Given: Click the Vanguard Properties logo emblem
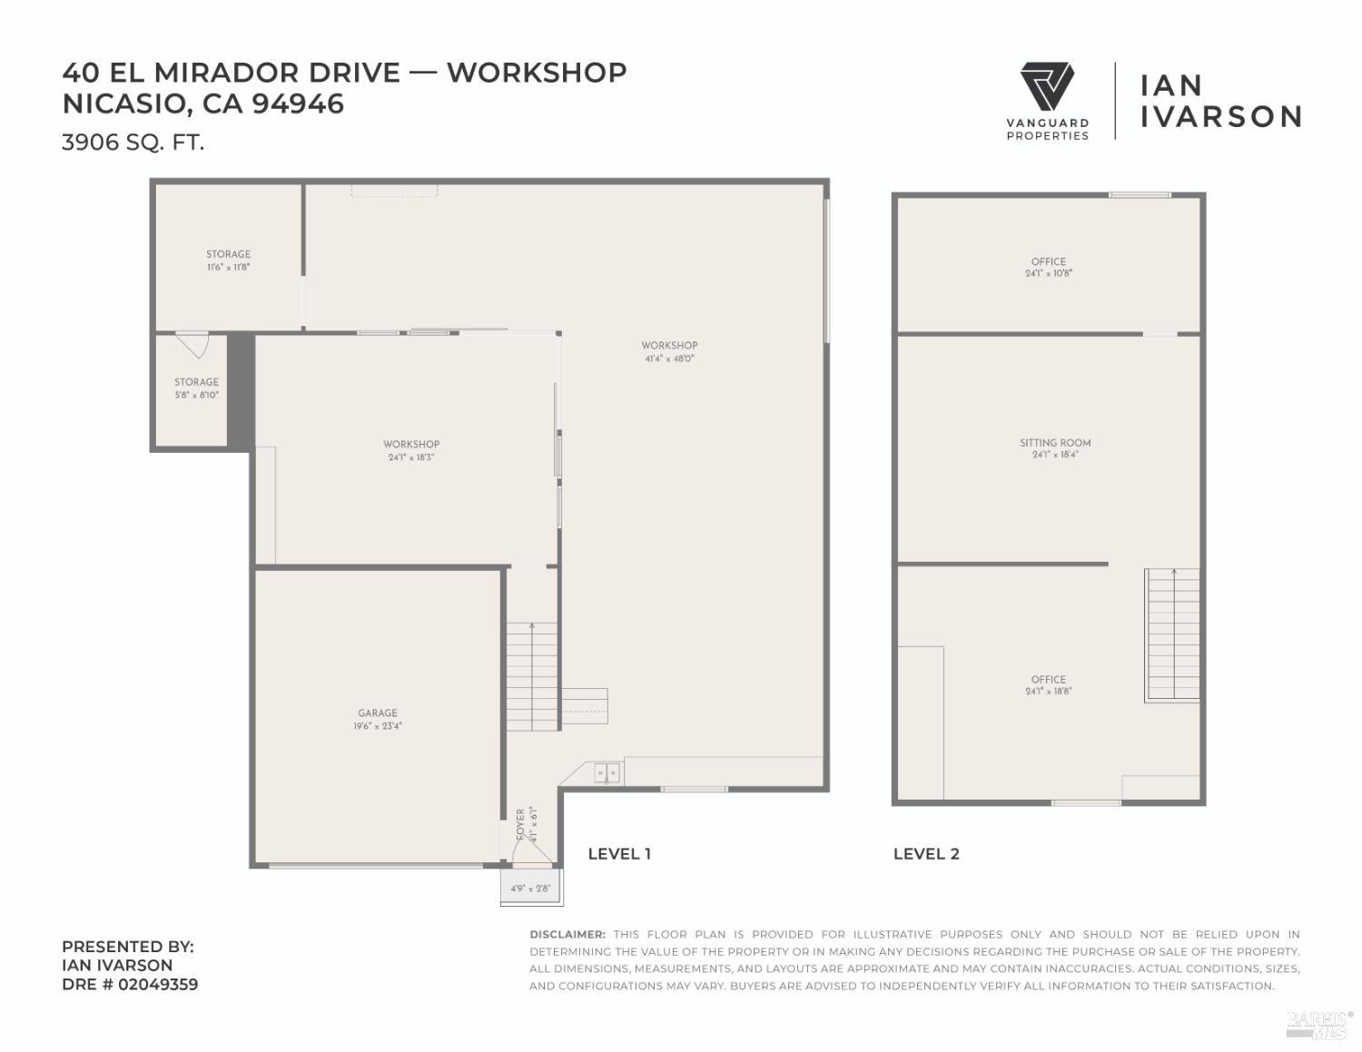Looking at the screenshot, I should coord(1047,87).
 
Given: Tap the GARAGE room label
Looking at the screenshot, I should coord(377,713).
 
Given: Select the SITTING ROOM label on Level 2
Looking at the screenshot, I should coord(1055,443).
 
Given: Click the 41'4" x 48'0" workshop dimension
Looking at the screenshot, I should coord(669,359).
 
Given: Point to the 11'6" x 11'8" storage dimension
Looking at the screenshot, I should coord(228,268).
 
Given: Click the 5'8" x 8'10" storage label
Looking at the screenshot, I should coord(196,395).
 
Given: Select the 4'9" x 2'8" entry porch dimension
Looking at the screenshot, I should coord(530,889).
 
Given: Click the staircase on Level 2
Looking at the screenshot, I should coord(1172,635).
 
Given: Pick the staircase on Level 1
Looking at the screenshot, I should coord(531,676).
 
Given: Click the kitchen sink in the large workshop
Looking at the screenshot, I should coord(607,773).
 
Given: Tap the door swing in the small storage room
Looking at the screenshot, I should coord(192,344).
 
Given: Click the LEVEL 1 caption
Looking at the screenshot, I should coord(619,853).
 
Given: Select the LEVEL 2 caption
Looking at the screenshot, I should coord(926,853).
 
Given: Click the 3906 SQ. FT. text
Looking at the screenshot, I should coord(133,143).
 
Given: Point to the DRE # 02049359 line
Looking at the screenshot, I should coord(130,984).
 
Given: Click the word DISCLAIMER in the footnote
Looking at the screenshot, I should coord(567,934).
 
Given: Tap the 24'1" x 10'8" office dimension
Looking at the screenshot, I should coord(1049,273).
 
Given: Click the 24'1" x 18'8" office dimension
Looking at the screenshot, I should coord(1049,692).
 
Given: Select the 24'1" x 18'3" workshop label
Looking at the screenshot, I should coord(411,457).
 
